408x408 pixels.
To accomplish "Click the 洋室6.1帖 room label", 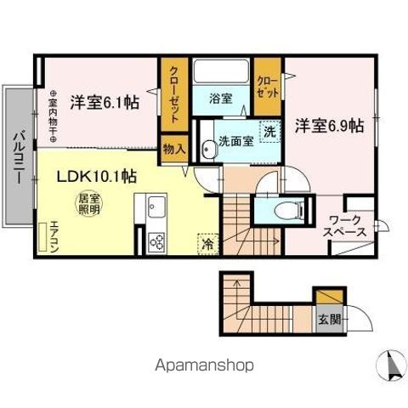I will [x=105, y=99].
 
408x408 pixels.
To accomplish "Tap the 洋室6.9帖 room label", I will [x=330, y=126].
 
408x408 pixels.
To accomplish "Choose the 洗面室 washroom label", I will [x=235, y=142].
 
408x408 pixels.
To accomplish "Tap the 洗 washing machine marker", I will [x=269, y=132].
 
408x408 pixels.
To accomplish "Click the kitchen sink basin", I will [x=156, y=207].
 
